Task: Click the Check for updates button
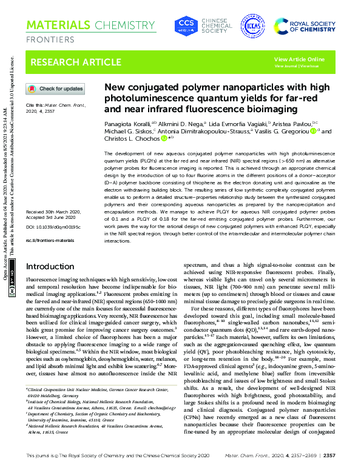55,89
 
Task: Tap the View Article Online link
299,59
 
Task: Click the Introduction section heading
50,267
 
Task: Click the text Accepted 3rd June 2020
52,218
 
